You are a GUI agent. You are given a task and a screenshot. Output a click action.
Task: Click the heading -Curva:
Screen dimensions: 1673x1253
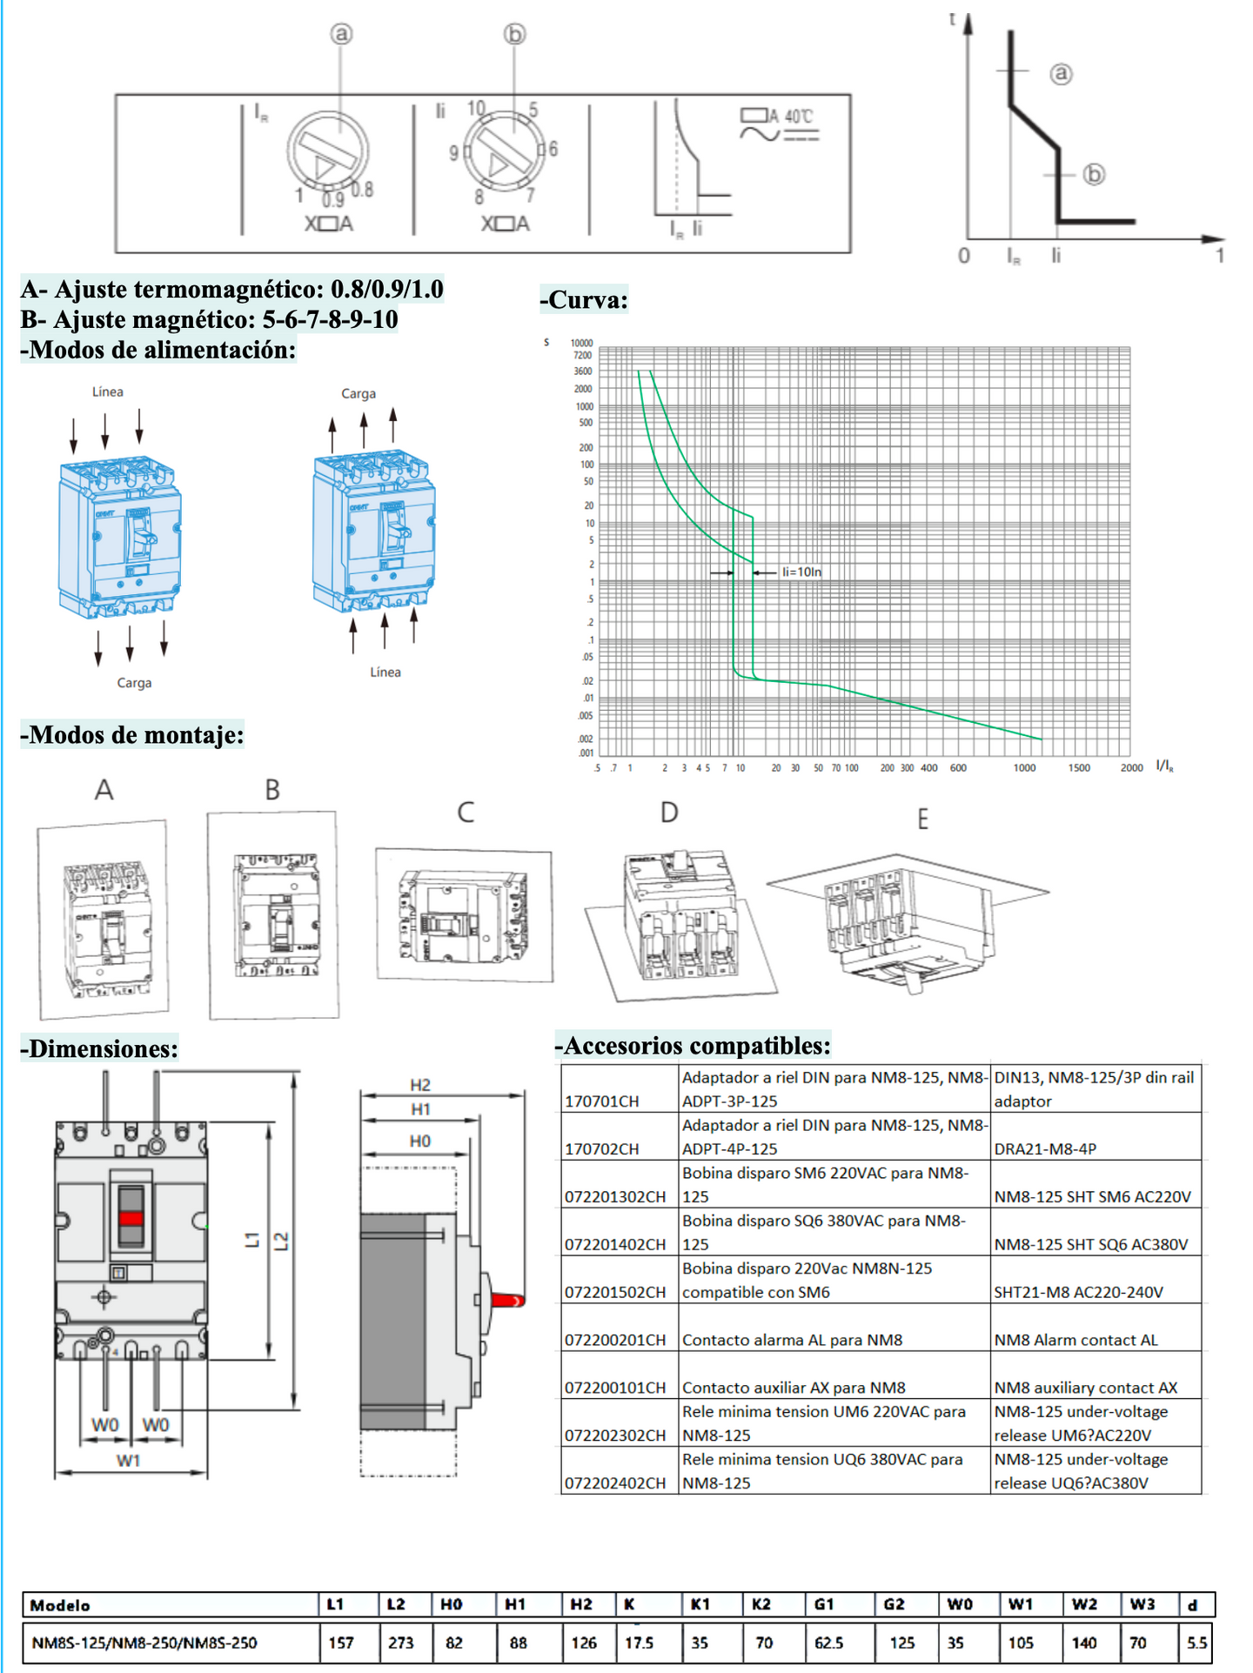point(584,300)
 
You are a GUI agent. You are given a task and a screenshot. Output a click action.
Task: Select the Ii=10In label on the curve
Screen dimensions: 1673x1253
point(801,572)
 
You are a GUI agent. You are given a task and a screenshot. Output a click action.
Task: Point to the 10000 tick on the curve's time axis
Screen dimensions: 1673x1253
point(581,343)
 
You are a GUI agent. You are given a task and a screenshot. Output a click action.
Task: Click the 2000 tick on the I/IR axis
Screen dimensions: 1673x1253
point(1131,768)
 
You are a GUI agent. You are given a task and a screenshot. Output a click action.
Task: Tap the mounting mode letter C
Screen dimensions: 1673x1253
point(466,813)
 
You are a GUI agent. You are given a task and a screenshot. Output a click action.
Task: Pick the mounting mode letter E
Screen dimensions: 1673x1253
point(922,819)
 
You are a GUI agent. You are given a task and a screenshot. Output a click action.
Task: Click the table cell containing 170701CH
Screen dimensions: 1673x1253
point(602,1101)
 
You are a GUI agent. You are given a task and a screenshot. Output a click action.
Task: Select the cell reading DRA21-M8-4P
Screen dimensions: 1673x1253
point(1044,1148)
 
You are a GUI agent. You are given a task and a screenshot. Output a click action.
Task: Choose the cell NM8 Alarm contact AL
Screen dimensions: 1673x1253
point(1075,1340)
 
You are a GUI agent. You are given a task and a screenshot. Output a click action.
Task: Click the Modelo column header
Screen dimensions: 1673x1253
point(60,1605)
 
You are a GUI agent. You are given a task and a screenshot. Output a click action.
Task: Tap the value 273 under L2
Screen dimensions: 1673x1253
point(400,1643)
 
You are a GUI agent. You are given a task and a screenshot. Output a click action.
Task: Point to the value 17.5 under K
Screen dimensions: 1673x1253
point(639,1643)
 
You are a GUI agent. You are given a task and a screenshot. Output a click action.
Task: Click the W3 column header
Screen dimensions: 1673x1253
point(1142,1604)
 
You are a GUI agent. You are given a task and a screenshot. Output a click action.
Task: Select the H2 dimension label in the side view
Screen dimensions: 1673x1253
point(420,1085)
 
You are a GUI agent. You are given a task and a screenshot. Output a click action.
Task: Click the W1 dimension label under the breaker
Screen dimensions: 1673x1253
point(129,1461)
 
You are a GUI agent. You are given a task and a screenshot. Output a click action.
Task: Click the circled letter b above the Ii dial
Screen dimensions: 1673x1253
point(515,34)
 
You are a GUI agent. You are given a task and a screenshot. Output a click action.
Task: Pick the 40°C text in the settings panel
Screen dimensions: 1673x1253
point(798,117)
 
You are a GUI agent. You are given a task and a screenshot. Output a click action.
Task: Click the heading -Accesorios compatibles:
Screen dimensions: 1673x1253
point(694,1046)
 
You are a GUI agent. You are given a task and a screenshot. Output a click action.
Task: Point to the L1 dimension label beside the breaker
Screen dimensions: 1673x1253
point(252,1240)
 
